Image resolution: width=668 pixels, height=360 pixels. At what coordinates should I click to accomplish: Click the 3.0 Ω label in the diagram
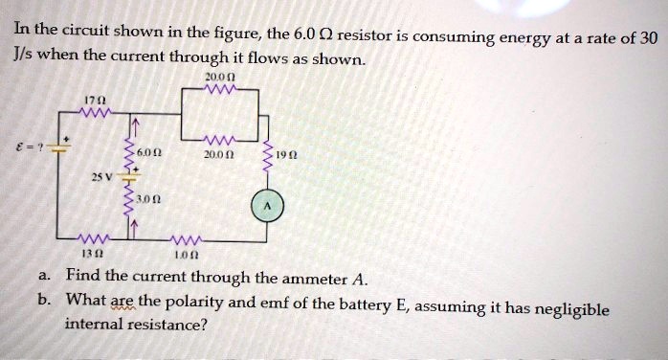145,202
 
